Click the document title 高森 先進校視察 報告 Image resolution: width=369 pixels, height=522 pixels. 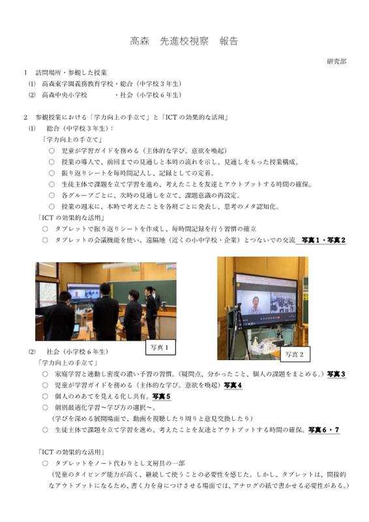point(184,41)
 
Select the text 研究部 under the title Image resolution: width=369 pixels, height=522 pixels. point(336,61)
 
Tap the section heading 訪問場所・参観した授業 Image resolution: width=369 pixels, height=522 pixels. point(71,72)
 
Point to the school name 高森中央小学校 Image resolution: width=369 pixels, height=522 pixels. point(65,95)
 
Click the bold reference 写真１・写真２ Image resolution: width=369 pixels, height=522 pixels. point(323,240)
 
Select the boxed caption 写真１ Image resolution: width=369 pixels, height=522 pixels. point(160,348)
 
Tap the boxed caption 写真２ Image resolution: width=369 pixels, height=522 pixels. point(295,354)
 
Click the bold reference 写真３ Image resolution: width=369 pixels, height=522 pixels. point(336,374)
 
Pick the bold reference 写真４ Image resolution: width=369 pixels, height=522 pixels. point(233,385)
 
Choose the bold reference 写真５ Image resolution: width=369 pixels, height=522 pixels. point(162,396)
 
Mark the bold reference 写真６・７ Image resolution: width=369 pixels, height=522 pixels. point(324,430)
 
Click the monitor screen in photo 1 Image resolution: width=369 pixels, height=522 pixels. point(83,293)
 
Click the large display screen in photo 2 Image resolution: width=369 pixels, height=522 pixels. point(266,299)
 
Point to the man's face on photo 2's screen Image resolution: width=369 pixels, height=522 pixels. point(256,301)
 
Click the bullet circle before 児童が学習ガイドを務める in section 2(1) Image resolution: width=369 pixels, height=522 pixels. point(52,151)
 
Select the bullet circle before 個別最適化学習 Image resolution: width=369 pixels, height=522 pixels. point(45,407)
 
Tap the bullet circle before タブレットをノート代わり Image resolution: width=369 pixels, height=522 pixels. point(45,463)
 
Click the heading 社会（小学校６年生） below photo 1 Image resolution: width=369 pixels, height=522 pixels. point(78,352)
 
